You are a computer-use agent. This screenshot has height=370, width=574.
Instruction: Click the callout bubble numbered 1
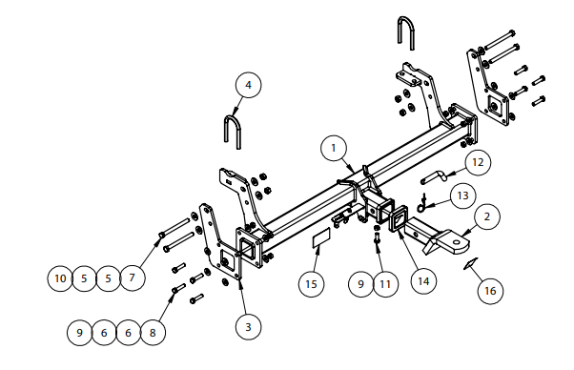click(x=333, y=148)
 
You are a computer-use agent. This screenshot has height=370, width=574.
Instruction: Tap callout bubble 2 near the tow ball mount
click(x=487, y=216)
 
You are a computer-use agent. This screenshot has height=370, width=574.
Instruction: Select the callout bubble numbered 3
click(x=248, y=327)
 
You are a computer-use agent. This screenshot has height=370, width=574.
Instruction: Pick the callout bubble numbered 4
click(x=248, y=85)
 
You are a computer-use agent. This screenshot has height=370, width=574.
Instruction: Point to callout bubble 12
click(x=478, y=162)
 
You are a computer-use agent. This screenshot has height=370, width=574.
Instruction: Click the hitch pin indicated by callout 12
click(x=434, y=177)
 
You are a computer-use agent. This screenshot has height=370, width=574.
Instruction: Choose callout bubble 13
click(x=463, y=195)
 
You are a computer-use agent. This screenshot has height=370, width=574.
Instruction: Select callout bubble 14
click(x=423, y=281)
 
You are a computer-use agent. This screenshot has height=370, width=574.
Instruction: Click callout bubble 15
click(x=311, y=283)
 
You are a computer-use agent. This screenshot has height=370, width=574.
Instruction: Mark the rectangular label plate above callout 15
click(x=321, y=237)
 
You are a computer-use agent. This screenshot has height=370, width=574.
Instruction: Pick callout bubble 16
click(x=490, y=291)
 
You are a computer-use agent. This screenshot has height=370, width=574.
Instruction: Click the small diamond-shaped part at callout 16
click(x=470, y=263)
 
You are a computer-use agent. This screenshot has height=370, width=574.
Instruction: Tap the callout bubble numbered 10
click(x=60, y=278)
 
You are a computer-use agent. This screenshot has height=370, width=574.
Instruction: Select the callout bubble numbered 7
click(x=133, y=277)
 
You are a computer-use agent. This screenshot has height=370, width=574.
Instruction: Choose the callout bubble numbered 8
click(x=153, y=333)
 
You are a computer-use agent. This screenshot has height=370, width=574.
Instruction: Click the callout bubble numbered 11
click(x=385, y=283)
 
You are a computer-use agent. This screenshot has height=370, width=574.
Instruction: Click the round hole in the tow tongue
click(x=457, y=241)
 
